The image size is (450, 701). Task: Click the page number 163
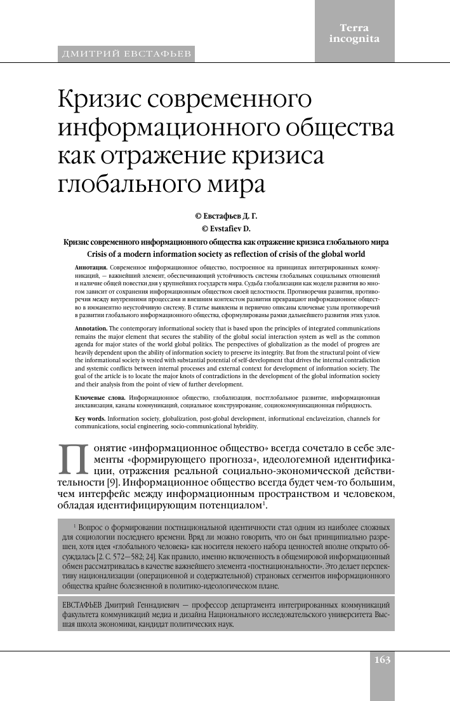tap(382, 659)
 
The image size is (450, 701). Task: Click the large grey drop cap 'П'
tap(74, 459)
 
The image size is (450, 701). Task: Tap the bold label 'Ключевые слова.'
tap(100, 397)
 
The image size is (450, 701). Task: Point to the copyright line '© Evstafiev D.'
tap(225, 228)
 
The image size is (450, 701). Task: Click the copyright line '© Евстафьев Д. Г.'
tap(225, 216)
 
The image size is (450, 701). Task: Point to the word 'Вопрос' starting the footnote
tap(91, 527)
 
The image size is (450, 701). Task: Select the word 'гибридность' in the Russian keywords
tap(352, 405)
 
